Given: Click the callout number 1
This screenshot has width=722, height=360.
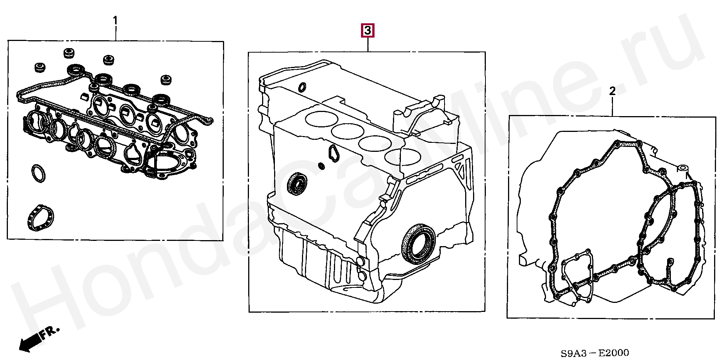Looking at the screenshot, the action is click(115, 20).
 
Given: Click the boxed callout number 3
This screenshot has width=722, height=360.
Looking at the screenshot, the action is click(367, 31).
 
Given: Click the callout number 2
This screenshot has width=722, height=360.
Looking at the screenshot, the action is click(612, 91).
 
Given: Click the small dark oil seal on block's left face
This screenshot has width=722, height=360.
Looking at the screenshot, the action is click(297, 183).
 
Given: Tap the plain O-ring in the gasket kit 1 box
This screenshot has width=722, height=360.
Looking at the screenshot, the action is click(38, 174).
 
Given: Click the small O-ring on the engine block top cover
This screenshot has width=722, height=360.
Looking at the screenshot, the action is click(302, 87).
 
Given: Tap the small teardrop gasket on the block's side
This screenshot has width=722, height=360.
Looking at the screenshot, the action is click(332, 153).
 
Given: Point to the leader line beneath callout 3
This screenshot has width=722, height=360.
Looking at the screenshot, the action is click(368, 45).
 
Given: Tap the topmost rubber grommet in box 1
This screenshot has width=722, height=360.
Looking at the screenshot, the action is click(68, 53).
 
